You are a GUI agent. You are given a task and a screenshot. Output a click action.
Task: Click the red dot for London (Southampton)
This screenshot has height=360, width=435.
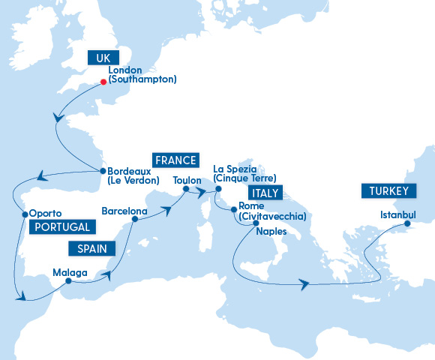[x=103, y=82]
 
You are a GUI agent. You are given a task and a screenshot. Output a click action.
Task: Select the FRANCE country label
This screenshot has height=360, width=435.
[x=175, y=160]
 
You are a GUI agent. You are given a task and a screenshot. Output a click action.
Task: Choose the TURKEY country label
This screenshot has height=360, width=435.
[x=388, y=191]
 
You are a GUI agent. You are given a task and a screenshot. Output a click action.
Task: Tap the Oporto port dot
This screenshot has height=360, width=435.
[x=24, y=214]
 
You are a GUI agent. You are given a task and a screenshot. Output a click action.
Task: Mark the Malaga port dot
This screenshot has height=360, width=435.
[x=68, y=282]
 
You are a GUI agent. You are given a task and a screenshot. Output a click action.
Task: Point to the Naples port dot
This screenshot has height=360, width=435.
[x=256, y=223]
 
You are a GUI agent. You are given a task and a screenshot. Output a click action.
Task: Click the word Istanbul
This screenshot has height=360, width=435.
[x=397, y=214]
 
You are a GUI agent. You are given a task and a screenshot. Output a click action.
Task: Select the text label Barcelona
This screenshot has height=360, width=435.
[x=124, y=211]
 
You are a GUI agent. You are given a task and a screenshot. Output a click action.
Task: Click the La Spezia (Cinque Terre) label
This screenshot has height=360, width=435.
[x=245, y=173]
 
